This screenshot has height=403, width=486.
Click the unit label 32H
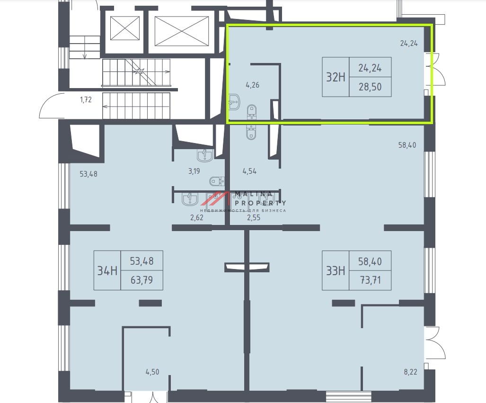tap(336, 77)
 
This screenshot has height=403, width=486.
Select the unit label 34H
tap(107, 271)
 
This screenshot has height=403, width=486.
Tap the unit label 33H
tap(336, 271)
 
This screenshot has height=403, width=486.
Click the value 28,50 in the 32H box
tap(370, 87)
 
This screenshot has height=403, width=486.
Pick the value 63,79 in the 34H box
tap(141, 280)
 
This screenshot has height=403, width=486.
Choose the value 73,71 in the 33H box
tap(370, 280)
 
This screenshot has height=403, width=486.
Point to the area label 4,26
tap(253, 85)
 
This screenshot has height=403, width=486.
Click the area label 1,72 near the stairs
tap(86, 99)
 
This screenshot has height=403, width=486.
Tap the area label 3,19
tap(194, 171)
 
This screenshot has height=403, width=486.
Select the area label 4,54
tap(249, 171)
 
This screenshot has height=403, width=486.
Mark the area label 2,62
tap(197, 217)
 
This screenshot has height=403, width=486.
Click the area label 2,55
tap(254, 217)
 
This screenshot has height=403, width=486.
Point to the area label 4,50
tap(152, 372)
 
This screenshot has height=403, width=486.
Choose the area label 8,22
tap(411, 372)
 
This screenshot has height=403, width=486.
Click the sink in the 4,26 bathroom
tap(234, 102)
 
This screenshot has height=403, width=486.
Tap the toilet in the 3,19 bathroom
tap(217, 180)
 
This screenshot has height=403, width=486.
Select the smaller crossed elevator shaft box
tap(125, 28)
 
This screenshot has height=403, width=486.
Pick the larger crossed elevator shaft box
tap(182, 31)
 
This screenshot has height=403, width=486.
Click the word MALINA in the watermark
tap(254, 195)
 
